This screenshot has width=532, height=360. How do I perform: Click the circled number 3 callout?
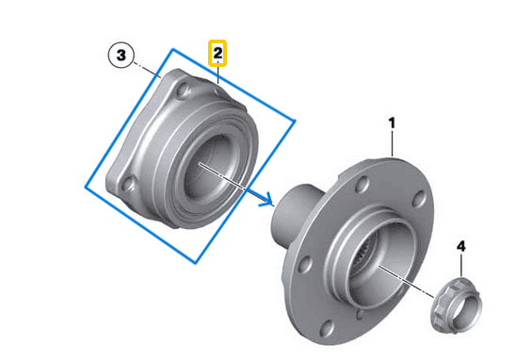(121, 55)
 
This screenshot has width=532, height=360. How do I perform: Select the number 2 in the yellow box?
(218, 54)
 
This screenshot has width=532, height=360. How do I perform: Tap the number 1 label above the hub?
(392, 123)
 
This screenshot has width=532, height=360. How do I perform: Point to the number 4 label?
(461, 246)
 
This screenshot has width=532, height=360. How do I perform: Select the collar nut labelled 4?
(456, 304)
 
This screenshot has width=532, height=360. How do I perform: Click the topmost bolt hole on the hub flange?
(363, 184)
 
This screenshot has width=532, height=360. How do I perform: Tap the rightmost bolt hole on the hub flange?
(419, 199)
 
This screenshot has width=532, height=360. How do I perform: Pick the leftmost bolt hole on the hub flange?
(305, 265)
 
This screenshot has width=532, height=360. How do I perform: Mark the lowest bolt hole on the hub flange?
(328, 328)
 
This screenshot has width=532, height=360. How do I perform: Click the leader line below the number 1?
(393, 143)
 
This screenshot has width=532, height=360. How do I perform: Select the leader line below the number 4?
(461, 265)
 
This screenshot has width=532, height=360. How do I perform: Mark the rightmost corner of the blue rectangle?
(295, 121)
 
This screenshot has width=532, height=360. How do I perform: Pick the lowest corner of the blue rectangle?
(196, 262)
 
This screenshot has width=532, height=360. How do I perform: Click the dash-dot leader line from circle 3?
(147, 70)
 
